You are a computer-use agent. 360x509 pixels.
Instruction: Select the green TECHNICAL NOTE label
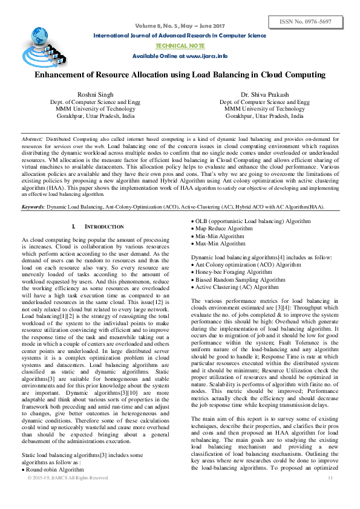(x=179, y=45)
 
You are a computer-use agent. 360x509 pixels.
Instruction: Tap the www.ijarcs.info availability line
(x=180, y=56)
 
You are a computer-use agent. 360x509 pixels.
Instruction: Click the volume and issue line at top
(x=179, y=26)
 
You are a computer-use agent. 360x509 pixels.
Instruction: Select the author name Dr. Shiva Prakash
(x=264, y=95)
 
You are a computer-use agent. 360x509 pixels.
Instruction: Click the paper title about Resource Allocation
(x=180, y=76)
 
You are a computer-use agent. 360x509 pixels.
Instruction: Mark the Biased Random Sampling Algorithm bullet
(x=240, y=279)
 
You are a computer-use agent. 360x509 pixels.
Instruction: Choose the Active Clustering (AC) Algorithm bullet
(x=237, y=287)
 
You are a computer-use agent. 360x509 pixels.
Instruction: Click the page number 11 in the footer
(x=330, y=478)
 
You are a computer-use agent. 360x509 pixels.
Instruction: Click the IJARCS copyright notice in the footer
(x=68, y=478)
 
